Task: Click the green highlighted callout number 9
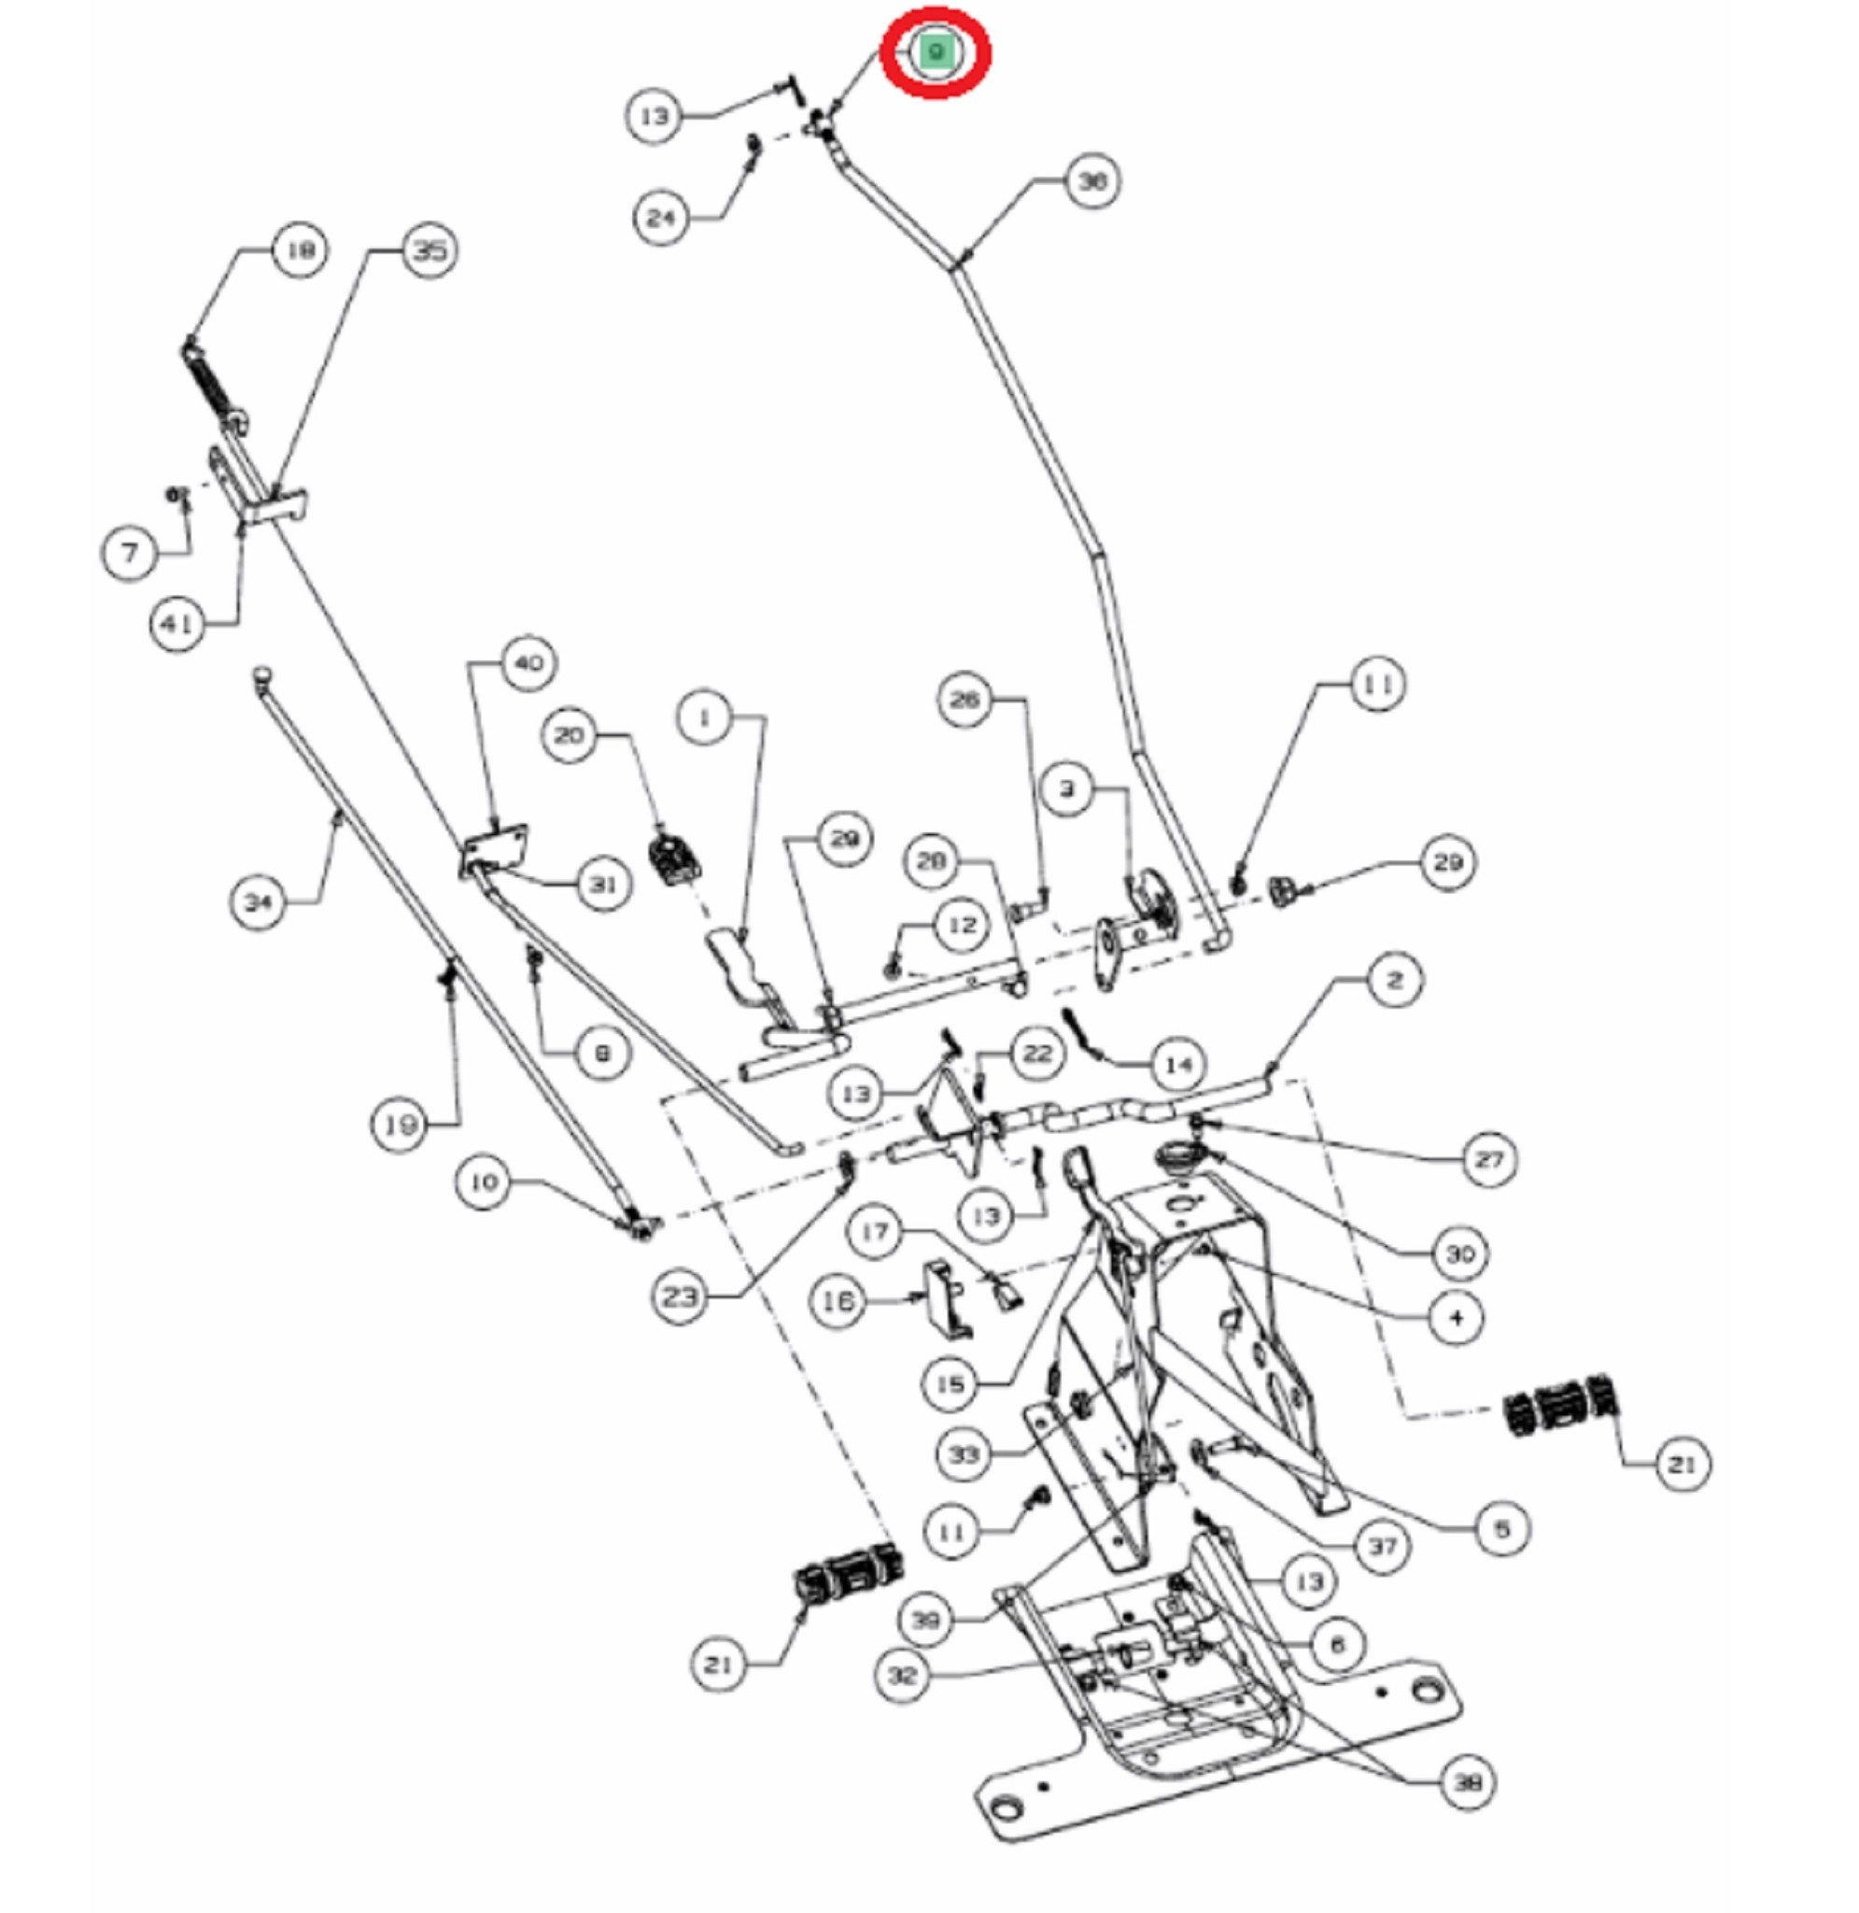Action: (936, 51)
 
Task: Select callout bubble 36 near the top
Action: (1091, 181)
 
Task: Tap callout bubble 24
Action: (661, 217)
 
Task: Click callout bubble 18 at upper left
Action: (300, 251)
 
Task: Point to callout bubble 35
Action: (430, 251)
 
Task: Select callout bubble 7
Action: (129, 554)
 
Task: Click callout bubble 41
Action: (176, 623)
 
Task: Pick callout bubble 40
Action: (528, 664)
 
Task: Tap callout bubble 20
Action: (570, 735)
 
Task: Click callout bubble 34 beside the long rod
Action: (258, 902)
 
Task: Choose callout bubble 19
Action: (400, 1125)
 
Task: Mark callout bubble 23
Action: (680, 1297)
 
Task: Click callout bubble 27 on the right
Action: (1489, 1159)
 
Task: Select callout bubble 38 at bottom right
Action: (1468, 1783)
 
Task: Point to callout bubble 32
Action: (901, 1676)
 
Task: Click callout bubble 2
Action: (1394, 980)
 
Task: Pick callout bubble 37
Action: (1383, 1546)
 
